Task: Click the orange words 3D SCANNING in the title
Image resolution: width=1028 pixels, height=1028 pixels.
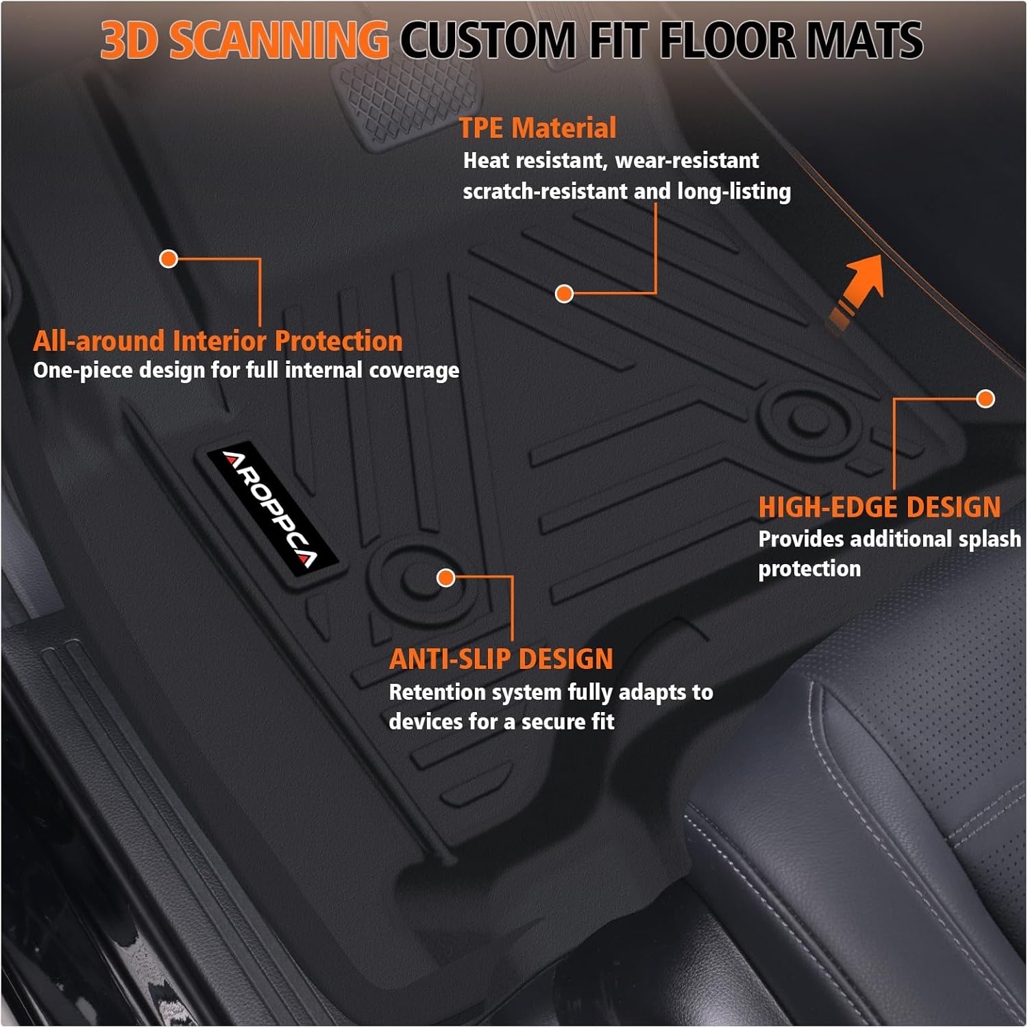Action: click(x=245, y=40)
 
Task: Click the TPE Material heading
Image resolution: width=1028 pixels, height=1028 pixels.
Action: click(x=537, y=128)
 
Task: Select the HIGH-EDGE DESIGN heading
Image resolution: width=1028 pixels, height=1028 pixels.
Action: click(x=879, y=507)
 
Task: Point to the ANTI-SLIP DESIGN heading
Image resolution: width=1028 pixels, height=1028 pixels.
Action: click(x=501, y=659)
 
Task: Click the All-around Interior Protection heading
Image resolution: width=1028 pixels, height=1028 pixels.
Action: click(x=217, y=341)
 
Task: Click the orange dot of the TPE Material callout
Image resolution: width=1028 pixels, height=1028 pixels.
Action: click(x=564, y=294)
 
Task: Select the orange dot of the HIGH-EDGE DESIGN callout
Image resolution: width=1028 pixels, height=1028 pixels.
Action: click(x=986, y=399)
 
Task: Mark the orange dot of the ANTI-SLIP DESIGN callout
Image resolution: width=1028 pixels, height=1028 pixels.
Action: click(x=446, y=578)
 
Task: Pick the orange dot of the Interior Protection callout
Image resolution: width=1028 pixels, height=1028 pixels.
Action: click(x=169, y=258)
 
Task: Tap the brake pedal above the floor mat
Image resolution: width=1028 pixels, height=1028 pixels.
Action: click(x=404, y=103)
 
